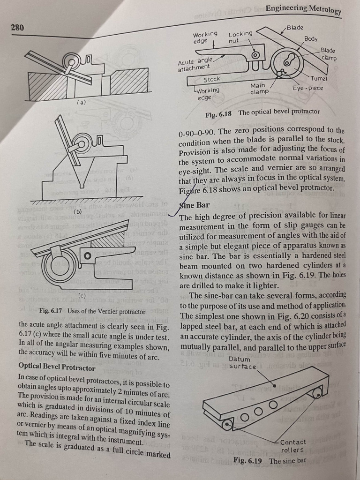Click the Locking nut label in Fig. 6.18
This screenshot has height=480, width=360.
(x=240, y=37)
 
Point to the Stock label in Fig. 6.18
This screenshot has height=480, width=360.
(x=211, y=80)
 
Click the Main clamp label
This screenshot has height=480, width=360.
(x=259, y=89)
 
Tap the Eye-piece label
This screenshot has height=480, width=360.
(x=307, y=88)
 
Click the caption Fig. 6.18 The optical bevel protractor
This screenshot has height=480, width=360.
(x=262, y=112)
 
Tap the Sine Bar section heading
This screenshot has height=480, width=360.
(x=195, y=205)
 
